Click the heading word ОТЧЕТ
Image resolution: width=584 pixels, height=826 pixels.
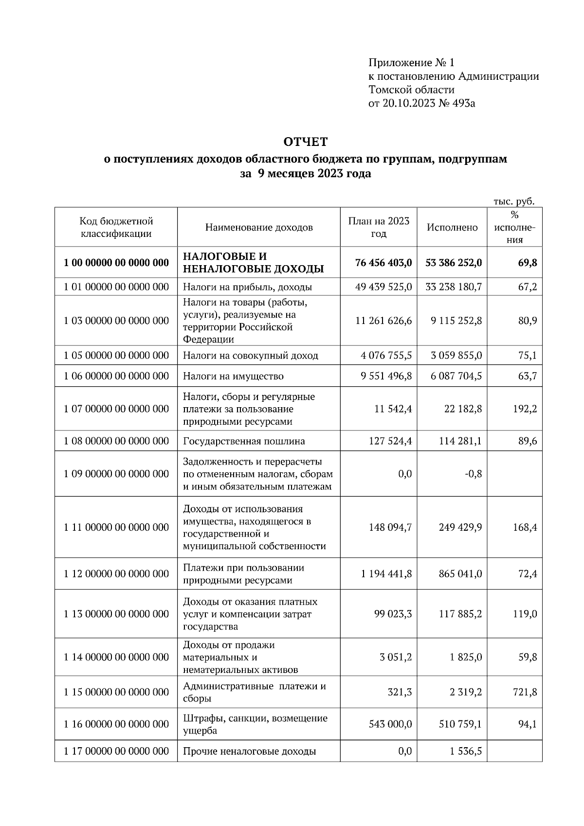click(x=306, y=142)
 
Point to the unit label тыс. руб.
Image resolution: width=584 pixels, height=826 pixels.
click(x=514, y=201)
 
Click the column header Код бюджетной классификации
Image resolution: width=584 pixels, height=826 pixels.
click(x=116, y=227)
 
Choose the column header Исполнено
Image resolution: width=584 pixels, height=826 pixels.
click(x=452, y=227)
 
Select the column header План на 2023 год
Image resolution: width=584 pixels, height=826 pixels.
click(x=379, y=227)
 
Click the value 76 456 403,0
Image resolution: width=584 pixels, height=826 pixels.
click(x=383, y=263)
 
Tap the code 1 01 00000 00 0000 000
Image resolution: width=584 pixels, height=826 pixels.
click(x=116, y=287)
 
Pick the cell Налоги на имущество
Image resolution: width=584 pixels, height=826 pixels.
click(x=233, y=376)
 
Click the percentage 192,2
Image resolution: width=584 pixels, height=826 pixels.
click(x=525, y=409)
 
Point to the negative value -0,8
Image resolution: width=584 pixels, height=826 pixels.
click(x=473, y=474)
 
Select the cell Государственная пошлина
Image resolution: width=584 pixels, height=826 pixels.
click(x=244, y=441)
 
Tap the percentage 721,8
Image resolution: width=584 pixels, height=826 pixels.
click(x=525, y=692)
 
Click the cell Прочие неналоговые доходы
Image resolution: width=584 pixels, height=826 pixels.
click(x=249, y=752)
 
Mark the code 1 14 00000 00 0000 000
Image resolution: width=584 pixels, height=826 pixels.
click(x=116, y=657)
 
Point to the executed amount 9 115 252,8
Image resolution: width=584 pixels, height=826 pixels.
click(x=456, y=321)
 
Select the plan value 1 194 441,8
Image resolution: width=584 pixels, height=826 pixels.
click(x=386, y=574)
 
